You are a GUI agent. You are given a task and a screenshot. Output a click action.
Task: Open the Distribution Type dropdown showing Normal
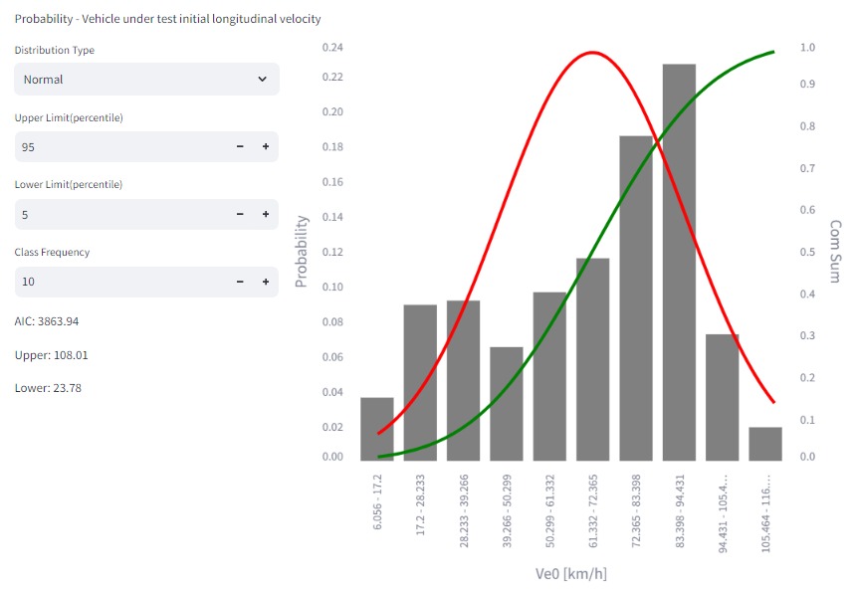point(146,80)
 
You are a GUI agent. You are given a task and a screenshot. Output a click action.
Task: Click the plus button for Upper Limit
point(266,147)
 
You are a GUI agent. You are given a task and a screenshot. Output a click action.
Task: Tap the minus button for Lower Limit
point(240,214)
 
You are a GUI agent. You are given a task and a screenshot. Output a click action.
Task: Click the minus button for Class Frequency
point(240,282)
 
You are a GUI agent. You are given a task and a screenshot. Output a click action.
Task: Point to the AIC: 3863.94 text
point(47,321)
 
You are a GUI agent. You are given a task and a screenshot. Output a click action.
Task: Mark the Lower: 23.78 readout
point(48,388)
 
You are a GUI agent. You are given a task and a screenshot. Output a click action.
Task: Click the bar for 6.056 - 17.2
point(377,429)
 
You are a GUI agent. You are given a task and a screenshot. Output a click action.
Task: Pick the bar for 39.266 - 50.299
point(507,404)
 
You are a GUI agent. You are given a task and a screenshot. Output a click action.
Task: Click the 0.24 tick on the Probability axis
point(332,47)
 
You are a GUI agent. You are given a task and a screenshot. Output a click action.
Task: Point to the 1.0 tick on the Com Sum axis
point(807,47)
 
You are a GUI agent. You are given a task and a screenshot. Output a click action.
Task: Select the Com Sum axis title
point(835,252)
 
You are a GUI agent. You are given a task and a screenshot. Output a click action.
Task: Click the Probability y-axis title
point(303,252)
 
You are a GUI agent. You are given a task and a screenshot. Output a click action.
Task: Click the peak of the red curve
point(592,53)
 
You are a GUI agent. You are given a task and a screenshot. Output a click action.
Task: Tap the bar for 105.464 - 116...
point(765,444)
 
